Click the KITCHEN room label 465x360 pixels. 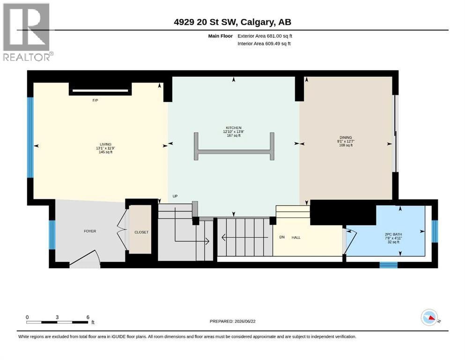[233, 127]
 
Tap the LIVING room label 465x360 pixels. [105, 144]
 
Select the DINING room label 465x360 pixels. [346, 137]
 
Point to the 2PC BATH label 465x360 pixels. [393, 234]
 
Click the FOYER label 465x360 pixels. [90, 231]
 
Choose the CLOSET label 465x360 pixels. [141, 232]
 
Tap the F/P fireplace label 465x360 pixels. [95, 100]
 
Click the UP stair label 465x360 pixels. [175, 196]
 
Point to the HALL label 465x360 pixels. [296, 238]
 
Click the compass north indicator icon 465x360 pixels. [429, 317]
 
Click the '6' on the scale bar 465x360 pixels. [88, 317]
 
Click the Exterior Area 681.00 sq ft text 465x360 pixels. [265, 36]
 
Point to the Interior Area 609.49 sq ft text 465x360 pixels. [264, 44]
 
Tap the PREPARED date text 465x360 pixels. [232, 321]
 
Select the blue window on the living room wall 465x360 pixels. [30, 138]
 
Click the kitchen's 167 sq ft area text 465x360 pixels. [233, 135]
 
